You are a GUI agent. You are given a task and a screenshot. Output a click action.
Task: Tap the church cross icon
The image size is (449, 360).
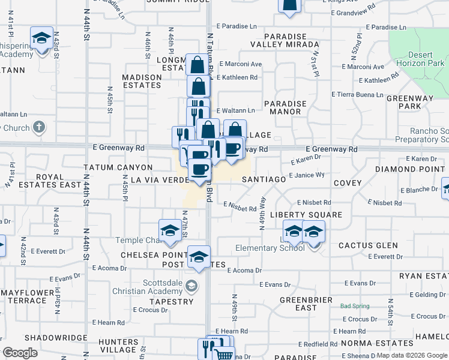pos(39,127)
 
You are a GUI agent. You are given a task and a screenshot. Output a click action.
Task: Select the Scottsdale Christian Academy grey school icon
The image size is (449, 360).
pos(191,285)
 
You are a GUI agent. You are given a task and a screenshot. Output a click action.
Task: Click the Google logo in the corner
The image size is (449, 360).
pos(20,353)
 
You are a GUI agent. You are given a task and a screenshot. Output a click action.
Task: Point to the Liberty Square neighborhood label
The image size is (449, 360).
pos(306,215)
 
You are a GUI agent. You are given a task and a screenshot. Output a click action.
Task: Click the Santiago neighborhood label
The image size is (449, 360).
pos(263,179)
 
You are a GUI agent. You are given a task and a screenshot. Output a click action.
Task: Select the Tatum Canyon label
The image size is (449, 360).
pos(118,167)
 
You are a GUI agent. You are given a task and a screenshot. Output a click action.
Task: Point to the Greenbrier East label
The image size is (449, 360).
pos(306,304)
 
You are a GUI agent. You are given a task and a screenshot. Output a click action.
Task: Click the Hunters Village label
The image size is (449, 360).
pos(118,345)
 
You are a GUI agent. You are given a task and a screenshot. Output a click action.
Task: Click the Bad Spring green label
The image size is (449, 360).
pos(354,306)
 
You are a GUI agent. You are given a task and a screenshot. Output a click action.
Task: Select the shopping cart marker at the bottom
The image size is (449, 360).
pos(224,354)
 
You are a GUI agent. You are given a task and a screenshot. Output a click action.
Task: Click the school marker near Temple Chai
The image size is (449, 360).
pos(170,231)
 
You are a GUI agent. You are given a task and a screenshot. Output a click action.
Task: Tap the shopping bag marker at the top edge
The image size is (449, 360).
pos(289,5)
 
